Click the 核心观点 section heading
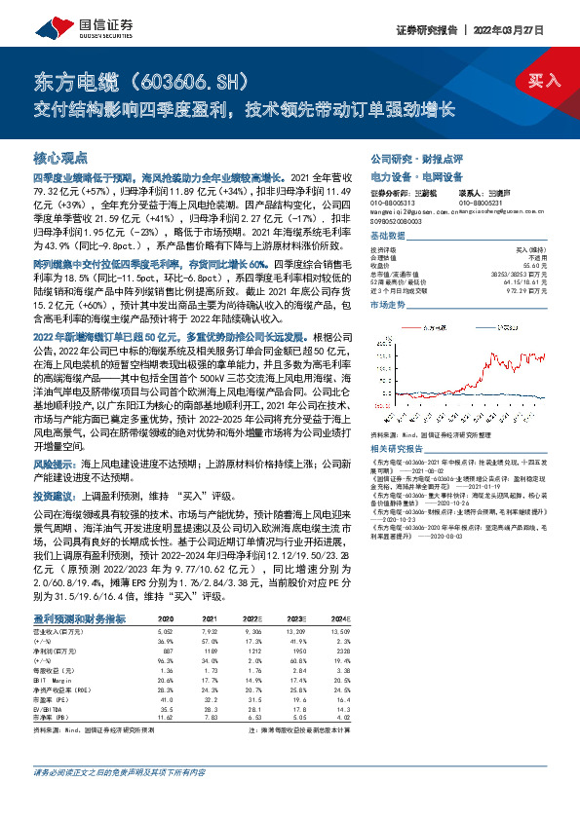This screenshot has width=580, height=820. pyautogui.click(x=60, y=157)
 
